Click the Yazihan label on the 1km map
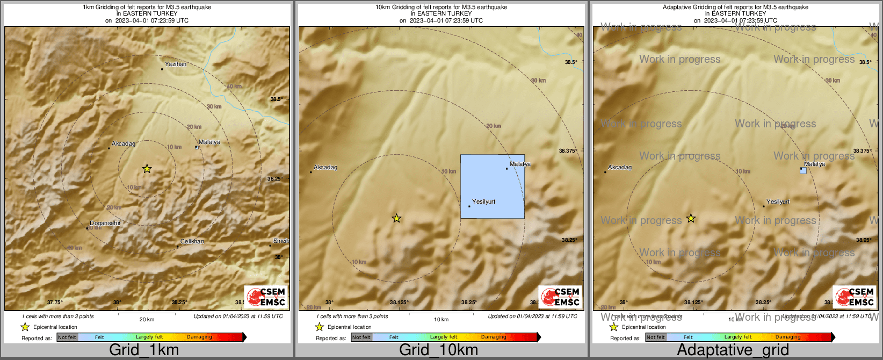click(x=176, y=64)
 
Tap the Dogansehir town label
click(x=105, y=223)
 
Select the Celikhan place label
click(x=192, y=241)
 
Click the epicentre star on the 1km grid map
click(x=147, y=169)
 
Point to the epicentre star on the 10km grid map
click(x=396, y=218)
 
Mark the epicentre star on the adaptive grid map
click(x=691, y=219)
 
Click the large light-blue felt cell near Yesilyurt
click(x=492, y=186)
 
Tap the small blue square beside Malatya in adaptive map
click(x=803, y=170)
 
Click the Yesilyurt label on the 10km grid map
click(x=483, y=201)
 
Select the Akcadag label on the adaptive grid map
click(x=619, y=167)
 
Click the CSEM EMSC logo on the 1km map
click(x=266, y=297)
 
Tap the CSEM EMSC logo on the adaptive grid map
click(x=854, y=297)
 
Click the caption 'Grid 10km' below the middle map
click(x=438, y=350)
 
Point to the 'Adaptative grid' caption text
click(x=733, y=350)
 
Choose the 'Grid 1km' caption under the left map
click(x=144, y=350)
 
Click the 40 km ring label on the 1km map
click(x=234, y=87)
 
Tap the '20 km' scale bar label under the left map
click(x=147, y=319)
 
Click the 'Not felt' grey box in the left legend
click(x=67, y=337)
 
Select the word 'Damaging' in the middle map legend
click(x=494, y=337)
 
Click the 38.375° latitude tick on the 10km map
click(x=568, y=151)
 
